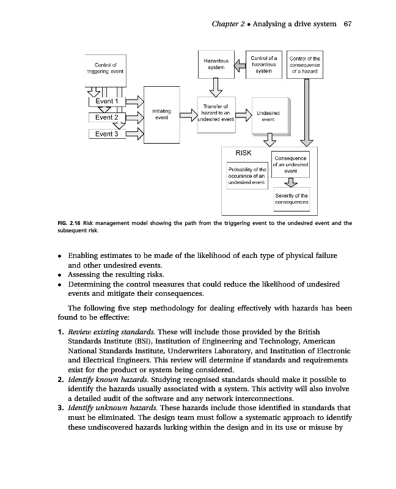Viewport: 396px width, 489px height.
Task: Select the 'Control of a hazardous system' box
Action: (x=263, y=64)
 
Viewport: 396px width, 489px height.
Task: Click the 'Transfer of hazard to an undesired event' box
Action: (x=215, y=113)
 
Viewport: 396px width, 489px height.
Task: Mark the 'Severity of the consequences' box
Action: (x=291, y=198)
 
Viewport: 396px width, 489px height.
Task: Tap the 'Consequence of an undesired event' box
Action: (x=291, y=164)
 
